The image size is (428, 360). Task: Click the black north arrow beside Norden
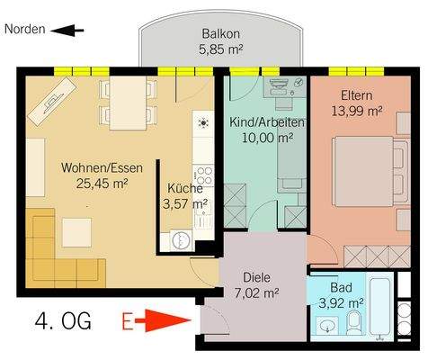tap(67, 31)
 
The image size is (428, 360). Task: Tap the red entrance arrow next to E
tap(163, 320)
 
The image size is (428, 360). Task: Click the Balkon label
tap(221, 33)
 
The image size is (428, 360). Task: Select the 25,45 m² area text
tap(103, 184)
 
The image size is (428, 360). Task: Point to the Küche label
tap(185, 188)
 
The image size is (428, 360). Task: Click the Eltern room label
tap(357, 95)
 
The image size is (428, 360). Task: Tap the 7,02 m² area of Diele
tap(257, 292)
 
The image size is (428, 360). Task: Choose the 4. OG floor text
tap(63, 321)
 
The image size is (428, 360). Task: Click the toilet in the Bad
tap(354, 323)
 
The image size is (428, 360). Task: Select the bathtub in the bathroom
tap(382, 306)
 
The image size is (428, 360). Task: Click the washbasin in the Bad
tap(326, 325)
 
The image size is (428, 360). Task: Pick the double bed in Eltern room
tap(370, 172)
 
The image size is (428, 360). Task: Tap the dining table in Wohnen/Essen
tap(128, 103)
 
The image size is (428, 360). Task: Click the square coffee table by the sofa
tap(76, 233)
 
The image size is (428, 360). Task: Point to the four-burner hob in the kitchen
tap(203, 175)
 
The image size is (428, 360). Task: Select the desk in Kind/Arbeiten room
tap(285, 87)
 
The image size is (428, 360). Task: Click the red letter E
tap(128, 321)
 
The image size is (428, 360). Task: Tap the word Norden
tap(25, 30)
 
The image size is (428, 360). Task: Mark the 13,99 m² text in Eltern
tap(357, 112)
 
